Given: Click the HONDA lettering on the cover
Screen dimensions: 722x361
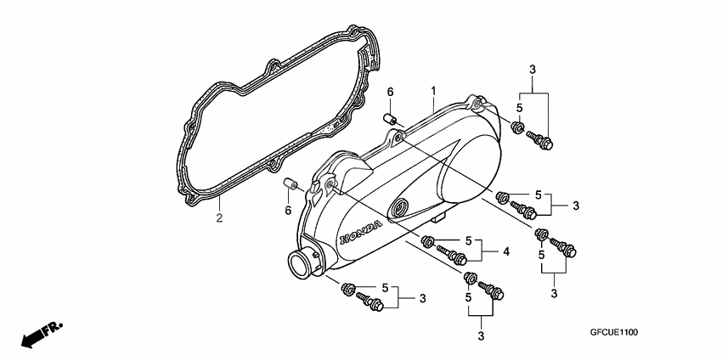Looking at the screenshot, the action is click(360, 233).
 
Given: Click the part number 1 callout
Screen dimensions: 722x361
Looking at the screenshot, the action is click(433, 91).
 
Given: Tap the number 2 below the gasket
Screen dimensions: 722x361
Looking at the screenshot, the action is click(219, 217).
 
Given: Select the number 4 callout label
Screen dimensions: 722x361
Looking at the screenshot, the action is click(506, 251).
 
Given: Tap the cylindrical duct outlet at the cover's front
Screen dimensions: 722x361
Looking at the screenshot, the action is click(302, 264).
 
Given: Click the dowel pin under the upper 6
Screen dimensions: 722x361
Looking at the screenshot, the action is click(391, 119).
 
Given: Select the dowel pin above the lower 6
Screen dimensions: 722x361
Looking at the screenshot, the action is click(290, 183).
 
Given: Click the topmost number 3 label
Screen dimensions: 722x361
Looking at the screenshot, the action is click(533, 70).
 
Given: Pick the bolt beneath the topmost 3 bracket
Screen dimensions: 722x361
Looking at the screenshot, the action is click(540, 140).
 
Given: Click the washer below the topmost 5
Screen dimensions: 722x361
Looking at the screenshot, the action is click(517, 127).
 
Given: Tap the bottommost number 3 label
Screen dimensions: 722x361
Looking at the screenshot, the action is click(481, 336).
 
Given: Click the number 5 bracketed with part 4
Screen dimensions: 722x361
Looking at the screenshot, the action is click(468, 240).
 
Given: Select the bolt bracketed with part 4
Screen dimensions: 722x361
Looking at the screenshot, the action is click(452, 255).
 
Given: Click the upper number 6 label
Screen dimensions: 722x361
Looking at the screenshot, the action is click(391, 92).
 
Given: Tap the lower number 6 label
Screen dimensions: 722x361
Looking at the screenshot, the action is click(288, 211).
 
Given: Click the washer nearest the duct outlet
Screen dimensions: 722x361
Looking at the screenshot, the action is click(347, 289).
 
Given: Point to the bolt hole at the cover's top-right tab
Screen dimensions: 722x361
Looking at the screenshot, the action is click(477, 105).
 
